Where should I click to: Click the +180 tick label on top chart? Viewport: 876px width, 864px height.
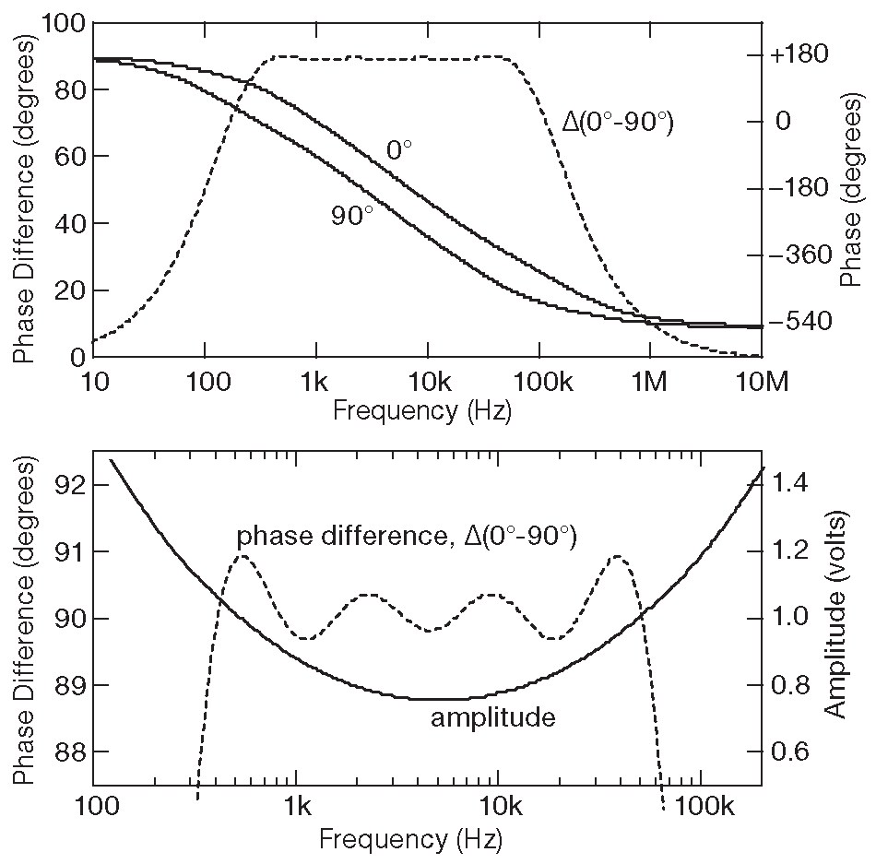pos(799,54)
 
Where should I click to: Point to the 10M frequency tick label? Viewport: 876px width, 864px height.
pos(761,382)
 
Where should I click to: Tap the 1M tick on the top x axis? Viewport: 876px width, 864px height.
pos(649,382)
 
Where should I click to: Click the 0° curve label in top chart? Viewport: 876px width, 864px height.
pos(399,151)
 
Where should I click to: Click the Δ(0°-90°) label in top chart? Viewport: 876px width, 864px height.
pos(618,121)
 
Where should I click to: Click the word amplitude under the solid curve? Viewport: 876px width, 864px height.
pos(493,716)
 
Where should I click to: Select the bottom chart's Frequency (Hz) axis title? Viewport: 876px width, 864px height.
pos(410,839)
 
